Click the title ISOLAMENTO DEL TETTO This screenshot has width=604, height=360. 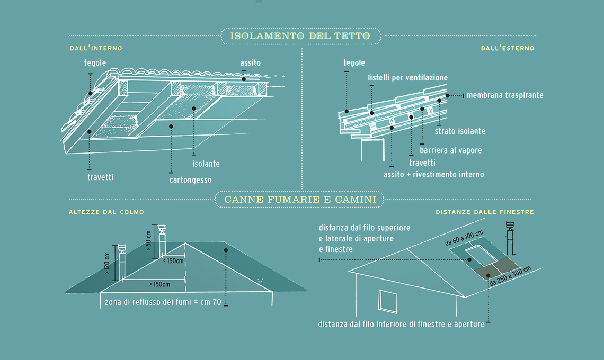(x=300, y=36)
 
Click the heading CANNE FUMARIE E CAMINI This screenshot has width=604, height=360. (x=300, y=200)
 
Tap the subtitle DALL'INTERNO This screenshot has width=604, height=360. (x=96, y=48)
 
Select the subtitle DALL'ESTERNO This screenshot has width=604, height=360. (x=507, y=48)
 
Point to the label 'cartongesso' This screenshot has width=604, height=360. (x=190, y=180)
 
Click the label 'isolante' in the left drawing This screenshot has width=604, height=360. (x=206, y=164)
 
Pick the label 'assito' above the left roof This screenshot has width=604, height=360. (x=250, y=62)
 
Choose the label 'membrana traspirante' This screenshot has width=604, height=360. (x=504, y=95)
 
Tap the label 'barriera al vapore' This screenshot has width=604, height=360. (x=450, y=150)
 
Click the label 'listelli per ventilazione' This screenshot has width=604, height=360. (x=407, y=78)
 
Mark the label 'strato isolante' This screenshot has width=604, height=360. (x=460, y=131)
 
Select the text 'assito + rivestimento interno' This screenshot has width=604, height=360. (x=433, y=174)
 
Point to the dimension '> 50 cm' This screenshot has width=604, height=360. (x=148, y=241)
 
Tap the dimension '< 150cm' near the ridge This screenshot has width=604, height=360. (x=173, y=260)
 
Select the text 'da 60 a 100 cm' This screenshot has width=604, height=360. (x=464, y=239)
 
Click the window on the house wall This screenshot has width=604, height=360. (x=388, y=302)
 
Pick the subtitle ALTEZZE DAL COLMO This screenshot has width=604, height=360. (x=106, y=212)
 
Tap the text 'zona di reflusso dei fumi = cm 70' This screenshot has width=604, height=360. (x=163, y=302)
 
